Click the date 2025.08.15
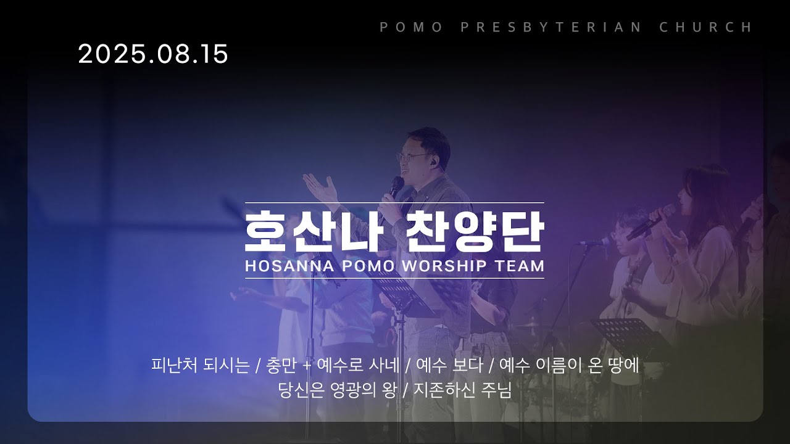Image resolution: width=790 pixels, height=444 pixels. coord(153,54)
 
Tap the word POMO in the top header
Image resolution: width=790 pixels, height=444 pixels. coord(411,27)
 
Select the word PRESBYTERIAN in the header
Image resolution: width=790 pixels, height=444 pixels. coord(551,27)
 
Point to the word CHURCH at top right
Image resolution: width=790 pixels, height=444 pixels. coord(705,27)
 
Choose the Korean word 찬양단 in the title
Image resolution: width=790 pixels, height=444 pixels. coord(475,231)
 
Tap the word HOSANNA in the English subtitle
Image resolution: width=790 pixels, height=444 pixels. coord(289,266)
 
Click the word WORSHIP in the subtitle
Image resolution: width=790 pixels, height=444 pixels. coord(444,266)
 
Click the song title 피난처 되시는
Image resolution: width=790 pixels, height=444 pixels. coord(201,365)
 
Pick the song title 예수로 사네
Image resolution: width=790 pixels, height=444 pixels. coord(359,365)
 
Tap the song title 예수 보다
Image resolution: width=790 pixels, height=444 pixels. coord(449,365)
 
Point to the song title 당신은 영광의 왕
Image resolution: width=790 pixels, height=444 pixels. coord(338,390)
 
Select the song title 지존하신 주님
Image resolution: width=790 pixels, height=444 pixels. coord(462,390)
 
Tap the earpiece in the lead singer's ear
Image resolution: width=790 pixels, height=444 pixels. coord(434,162)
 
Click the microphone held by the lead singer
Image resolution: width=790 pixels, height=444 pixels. coord(395,188)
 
